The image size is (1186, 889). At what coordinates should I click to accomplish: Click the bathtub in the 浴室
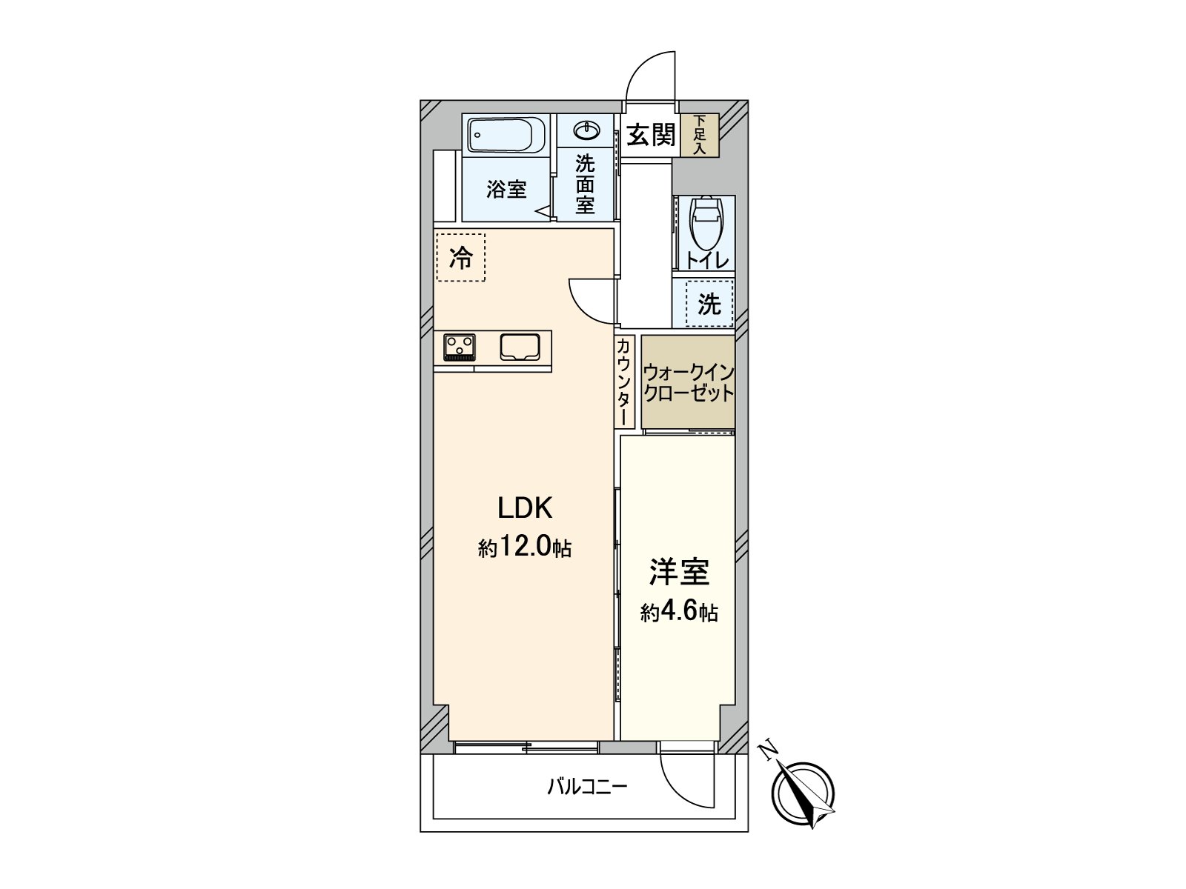(x=507, y=136)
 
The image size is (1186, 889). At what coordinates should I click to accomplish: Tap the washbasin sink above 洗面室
(x=586, y=131)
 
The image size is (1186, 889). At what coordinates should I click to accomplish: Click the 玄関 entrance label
(x=650, y=135)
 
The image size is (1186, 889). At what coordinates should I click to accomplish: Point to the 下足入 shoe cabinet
(x=700, y=135)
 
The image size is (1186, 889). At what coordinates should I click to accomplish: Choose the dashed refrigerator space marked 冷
(x=461, y=257)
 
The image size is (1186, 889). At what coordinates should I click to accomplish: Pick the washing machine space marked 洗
(x=709, y=304)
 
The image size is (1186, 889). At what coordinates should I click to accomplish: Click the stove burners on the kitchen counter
(x=460, y=347)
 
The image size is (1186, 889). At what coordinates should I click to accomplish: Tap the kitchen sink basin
(x=520, y=347)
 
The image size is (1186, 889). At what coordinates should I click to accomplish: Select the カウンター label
(x=624, y=382)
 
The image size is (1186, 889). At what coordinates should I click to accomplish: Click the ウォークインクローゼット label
(x=688, y=382)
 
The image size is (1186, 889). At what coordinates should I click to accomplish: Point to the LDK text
(x=525, y=508)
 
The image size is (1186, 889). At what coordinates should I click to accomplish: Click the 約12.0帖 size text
(x=525, y=547)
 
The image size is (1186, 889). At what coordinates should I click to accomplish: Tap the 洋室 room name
(x=679, y=572)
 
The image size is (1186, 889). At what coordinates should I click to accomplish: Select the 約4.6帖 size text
(x=679, y=613)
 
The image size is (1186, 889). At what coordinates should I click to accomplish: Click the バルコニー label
(x=587, y=786)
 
